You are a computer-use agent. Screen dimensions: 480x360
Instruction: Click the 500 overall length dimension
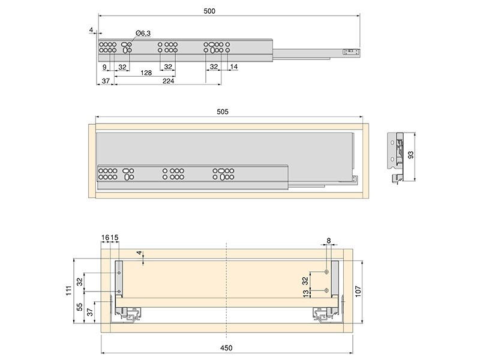(209, 11)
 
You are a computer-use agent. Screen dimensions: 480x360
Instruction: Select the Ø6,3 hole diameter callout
(143, 33)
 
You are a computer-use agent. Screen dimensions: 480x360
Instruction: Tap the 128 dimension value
(146, 73)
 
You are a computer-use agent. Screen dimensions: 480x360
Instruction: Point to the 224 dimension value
(169, 81)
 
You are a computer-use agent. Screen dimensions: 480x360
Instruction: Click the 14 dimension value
(234, 67)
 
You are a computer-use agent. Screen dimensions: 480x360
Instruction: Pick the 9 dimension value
(104, 67)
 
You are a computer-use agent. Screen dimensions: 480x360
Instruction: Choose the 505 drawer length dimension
(223, 112)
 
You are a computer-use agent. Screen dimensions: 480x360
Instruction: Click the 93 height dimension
(411, 155)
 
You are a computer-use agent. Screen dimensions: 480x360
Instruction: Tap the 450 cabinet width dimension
(226, 348)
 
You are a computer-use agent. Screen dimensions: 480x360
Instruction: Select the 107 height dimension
(358, 292)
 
